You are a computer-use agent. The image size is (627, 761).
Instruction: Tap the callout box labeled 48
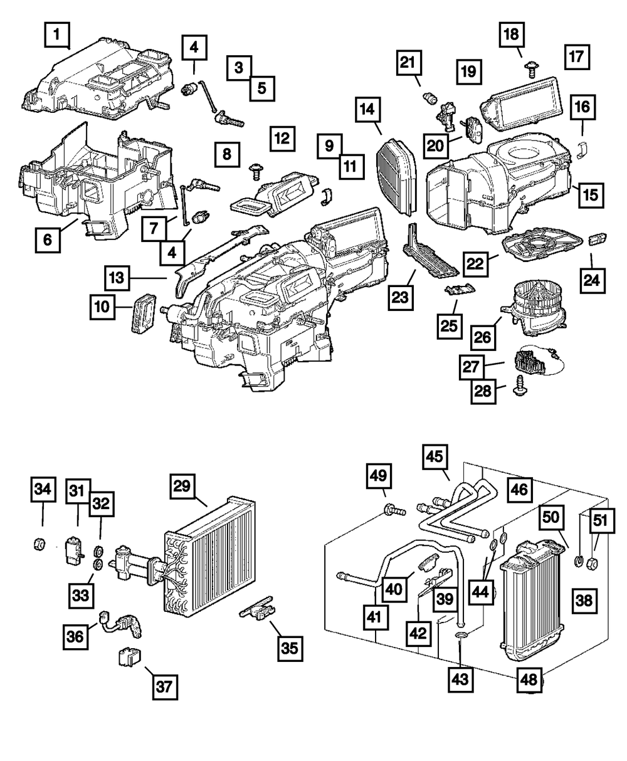(530, 678)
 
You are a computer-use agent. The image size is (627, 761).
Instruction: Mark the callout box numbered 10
(102, 307)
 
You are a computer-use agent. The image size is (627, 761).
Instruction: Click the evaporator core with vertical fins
(213, 552)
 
